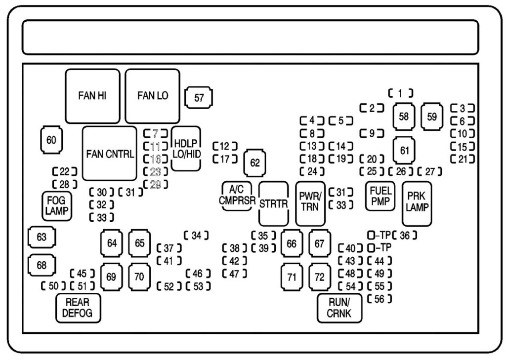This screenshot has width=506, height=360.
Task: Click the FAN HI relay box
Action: tap(92, 96)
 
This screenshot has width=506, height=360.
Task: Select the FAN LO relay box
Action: tap(152, 96)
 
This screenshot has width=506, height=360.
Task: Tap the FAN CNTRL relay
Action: tap(110, 154)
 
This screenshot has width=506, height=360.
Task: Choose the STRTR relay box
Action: tap(273, 203)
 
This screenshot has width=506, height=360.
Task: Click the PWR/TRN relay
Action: tap(310, 203)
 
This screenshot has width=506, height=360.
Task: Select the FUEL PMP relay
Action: tap(379, 196)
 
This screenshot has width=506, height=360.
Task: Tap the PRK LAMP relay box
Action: tap(417, 203)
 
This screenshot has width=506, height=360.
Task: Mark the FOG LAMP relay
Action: tap(55, 205)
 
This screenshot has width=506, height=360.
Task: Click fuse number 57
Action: tap(199, 98)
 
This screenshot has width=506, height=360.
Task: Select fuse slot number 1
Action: tap(401, 92)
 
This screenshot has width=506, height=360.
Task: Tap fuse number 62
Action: tap(254, 163)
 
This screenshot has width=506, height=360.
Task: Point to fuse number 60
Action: tap(51, 140)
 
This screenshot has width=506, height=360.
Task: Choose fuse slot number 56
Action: tap(379, 299)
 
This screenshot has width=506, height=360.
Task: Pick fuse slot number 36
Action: tap(405, 235)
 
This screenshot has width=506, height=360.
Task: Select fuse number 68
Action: tap(42, 265)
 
